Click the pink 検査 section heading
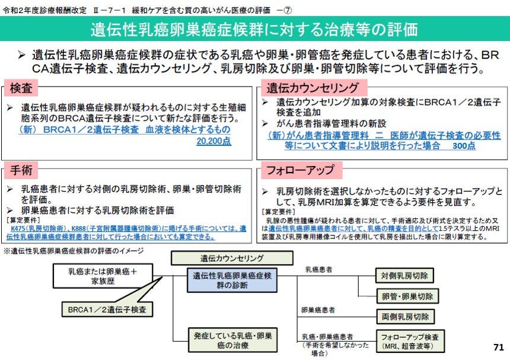tap(21, 88)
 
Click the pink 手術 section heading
tap(21, 170)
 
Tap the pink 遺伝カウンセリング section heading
tap(313, 88)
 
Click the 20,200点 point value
tap(213, 141)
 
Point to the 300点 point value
tap(464, 146)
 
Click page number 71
tap(498, 347)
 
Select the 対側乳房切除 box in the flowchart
tap(404, 275)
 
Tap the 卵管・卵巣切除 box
tap(407, 297)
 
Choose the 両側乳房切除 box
tap(405, 317)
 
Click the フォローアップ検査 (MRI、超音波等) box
tap(410, 341)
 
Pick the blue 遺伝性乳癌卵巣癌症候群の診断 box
tap(232, 281)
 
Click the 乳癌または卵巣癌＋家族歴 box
tap(103, 276)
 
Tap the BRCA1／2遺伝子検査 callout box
tap(107, 310)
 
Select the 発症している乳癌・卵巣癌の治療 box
tap(232, 340)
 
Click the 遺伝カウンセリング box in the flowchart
tap(232, 258)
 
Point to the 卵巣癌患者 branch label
tap(318, 310)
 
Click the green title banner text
tap(254, 29)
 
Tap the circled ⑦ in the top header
tap(288, 11)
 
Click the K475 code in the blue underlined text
tap(18, 228)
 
